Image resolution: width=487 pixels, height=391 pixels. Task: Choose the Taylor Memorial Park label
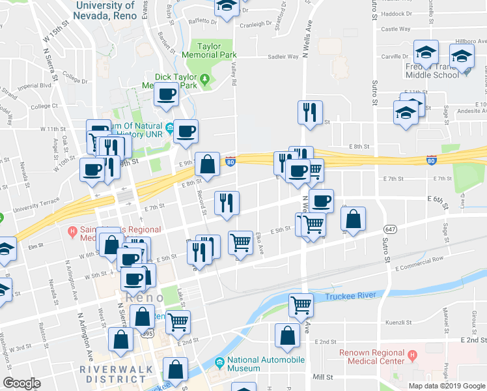(x=217, y=51)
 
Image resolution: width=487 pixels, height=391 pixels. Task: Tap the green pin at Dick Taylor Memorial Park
(x=206, y=80)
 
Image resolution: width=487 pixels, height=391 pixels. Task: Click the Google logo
(x=21, y=383)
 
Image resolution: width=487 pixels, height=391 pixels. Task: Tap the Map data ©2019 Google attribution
(x=447, y=386)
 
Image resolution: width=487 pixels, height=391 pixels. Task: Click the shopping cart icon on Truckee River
(x=301, y=304)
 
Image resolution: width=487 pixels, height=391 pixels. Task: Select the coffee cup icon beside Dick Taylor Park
(x=166, y=94)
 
